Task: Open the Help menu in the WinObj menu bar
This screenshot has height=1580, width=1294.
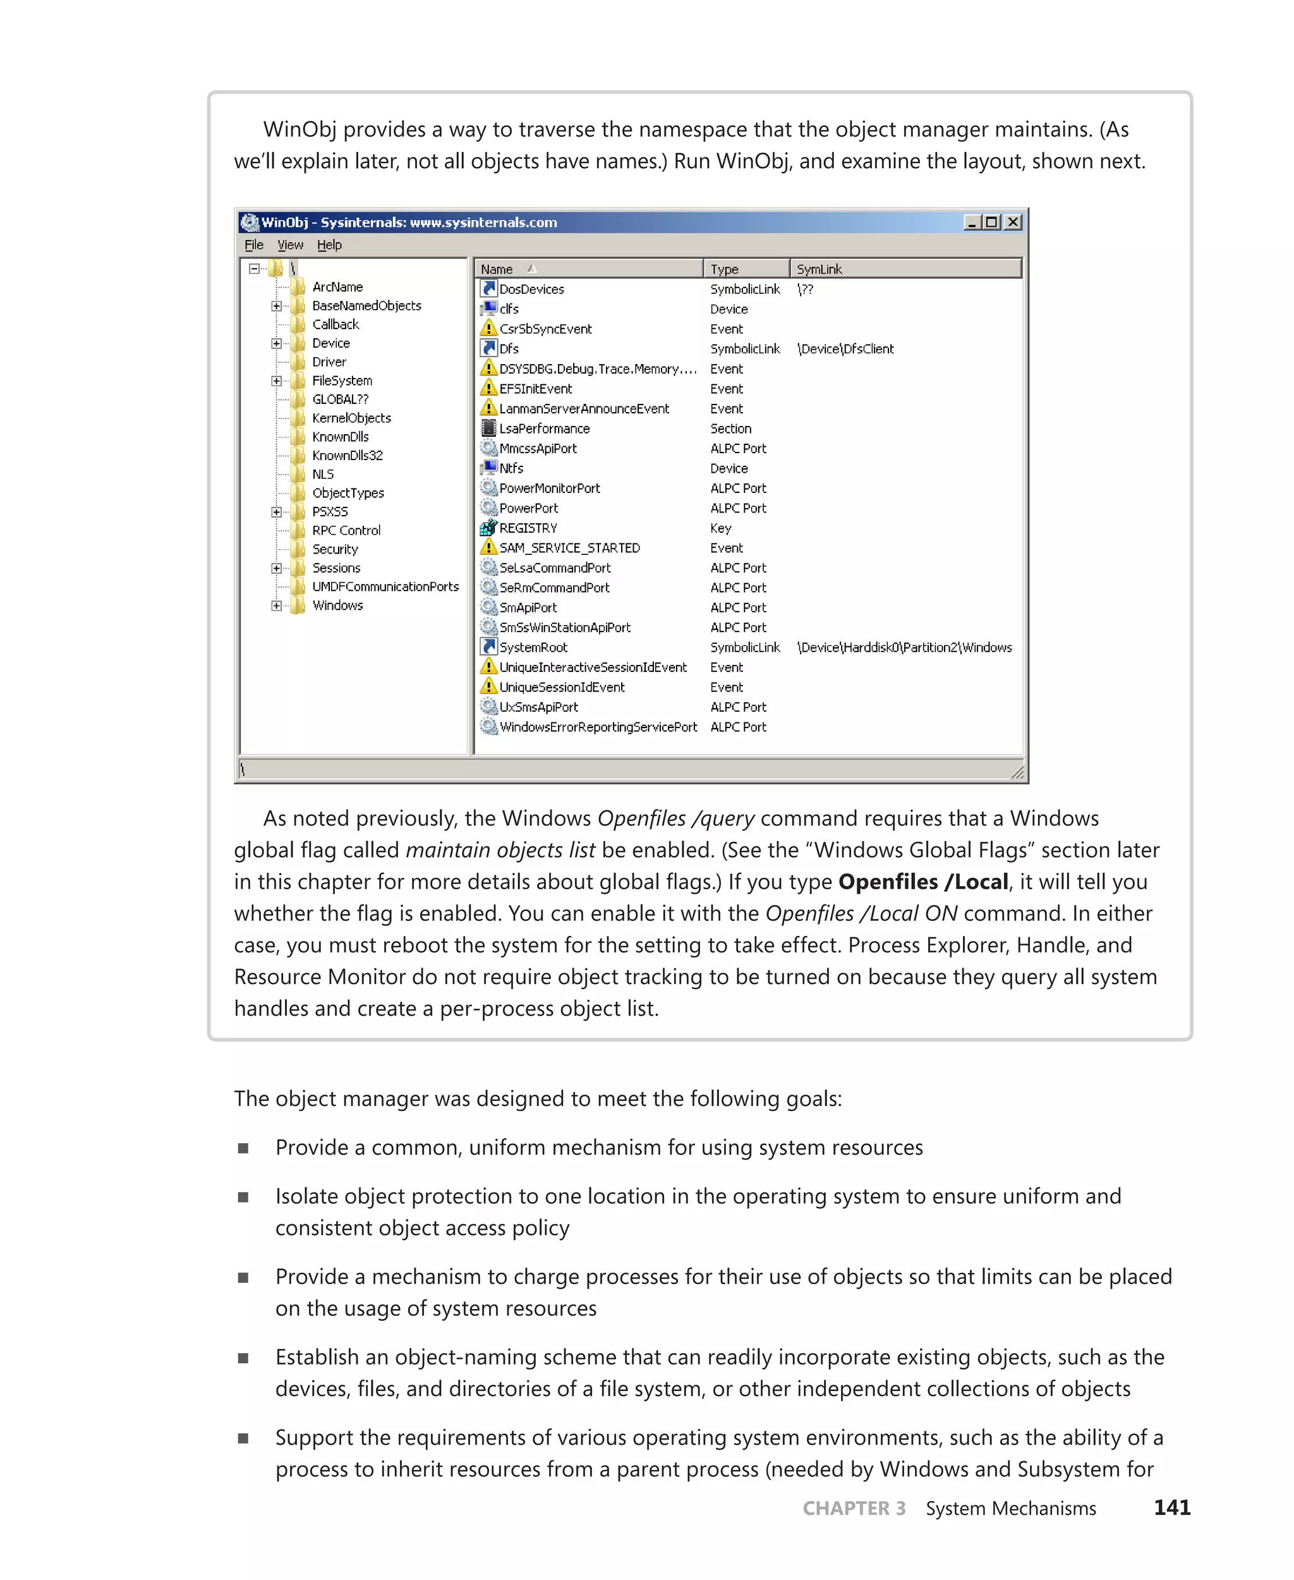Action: tap(329, 245)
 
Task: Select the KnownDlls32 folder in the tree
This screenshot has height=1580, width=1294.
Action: tap(347, 455)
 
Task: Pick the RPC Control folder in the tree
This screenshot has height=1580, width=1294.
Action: tap(346, 530)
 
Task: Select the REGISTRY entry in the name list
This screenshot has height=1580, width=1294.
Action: tap(528, 528)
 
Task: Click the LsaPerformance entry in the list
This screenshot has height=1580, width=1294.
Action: tap(544, 428)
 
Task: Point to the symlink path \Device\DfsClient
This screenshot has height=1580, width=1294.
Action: tap(845, 348)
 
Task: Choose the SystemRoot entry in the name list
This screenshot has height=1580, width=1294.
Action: tap(533, 647)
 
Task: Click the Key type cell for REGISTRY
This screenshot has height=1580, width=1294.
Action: tap(720, 528)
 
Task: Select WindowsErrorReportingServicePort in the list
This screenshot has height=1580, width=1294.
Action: tap(598, 726)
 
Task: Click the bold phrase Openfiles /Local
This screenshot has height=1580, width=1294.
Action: tap(922, 882)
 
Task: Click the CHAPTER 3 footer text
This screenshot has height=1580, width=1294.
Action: tap(854, 1508)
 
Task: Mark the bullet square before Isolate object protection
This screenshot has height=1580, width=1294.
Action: tap(243, 1197)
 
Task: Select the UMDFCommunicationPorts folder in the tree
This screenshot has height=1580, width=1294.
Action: tap(385, 586)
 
